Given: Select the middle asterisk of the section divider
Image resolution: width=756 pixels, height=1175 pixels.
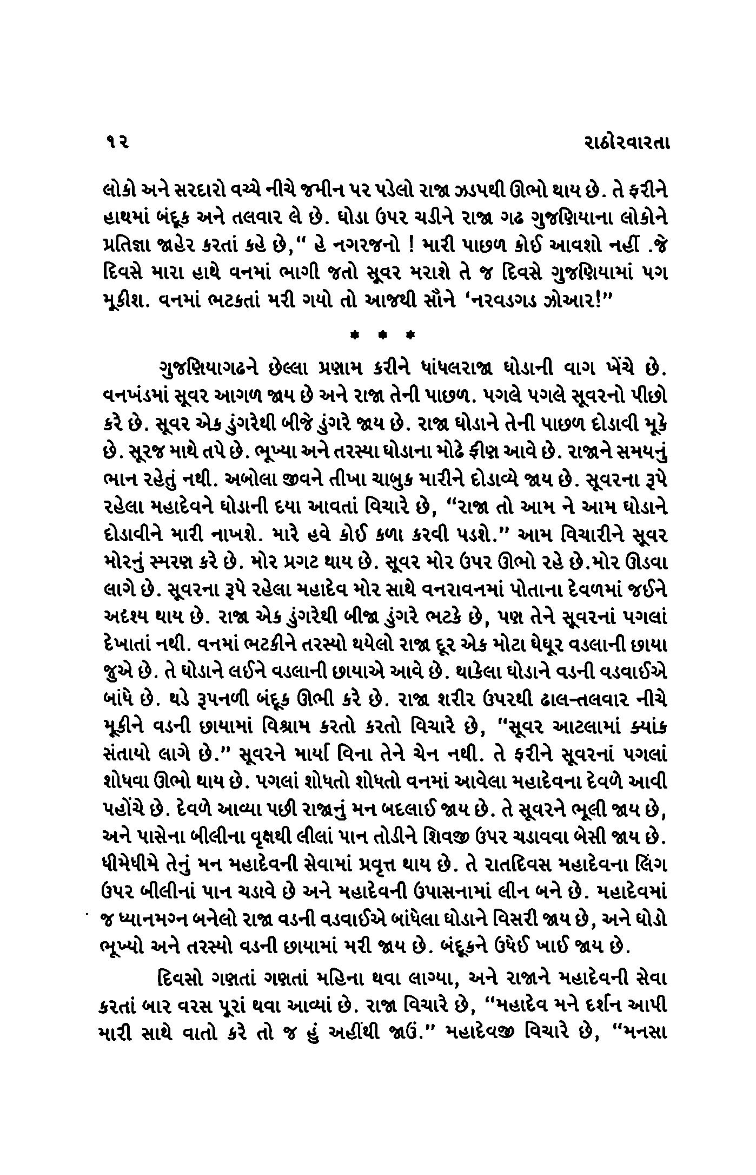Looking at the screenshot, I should pyautogui.click(x=382, y=336).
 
